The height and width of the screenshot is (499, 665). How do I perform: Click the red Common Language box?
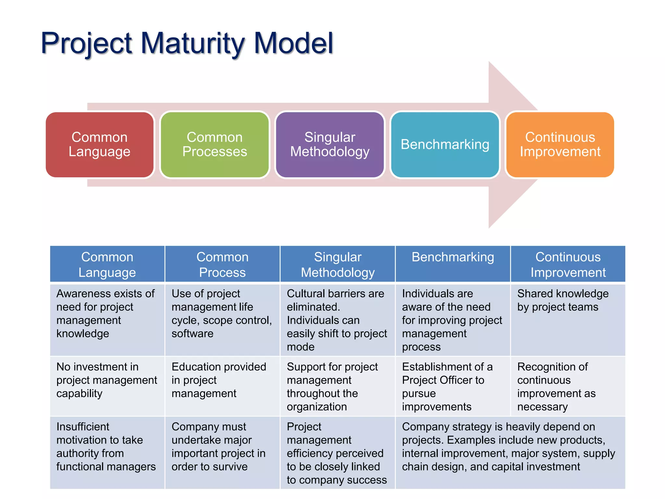coord(99,145)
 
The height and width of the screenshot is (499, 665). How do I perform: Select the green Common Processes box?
coord(215,145)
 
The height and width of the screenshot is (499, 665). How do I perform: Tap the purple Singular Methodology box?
coord(330,145)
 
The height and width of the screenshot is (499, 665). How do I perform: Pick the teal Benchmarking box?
coord(445,145)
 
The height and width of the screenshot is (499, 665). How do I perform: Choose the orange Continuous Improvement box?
coord(560,145)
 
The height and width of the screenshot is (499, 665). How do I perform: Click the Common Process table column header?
coord(222,264)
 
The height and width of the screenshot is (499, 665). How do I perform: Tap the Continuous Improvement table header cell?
coord(568,264)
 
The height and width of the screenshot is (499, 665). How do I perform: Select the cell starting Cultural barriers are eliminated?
coord(337,320)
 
